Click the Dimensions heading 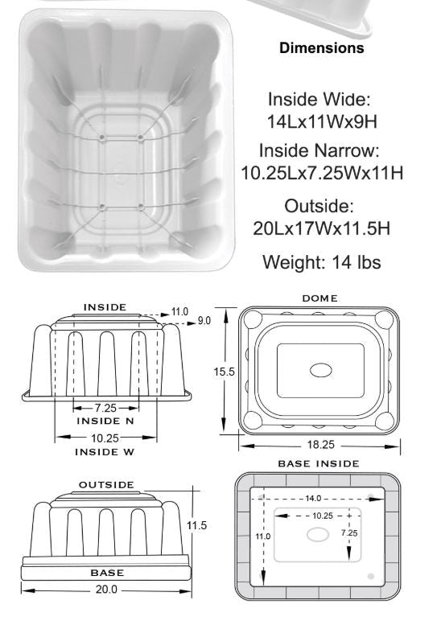(x=321, y=48)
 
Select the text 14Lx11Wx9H (x=322, y=122)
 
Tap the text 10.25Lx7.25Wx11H (x=322, y=173)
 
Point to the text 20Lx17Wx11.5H (x=322, y=228)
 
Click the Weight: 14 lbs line (x=322, y=262)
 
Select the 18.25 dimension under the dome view (x=319, y=444)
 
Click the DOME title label (x=319, y=298)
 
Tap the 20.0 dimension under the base (x=107, y=589)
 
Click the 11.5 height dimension (x=197, y=525)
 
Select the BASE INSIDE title (x=319, y=464)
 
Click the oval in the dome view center (x=320, y=370)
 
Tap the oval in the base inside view (x=319, y=535)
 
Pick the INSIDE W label (x=105, y=452)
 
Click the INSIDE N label (x=105, y=421)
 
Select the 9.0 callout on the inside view (x=204, y=320)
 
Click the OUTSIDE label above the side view (x=105, y=485)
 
